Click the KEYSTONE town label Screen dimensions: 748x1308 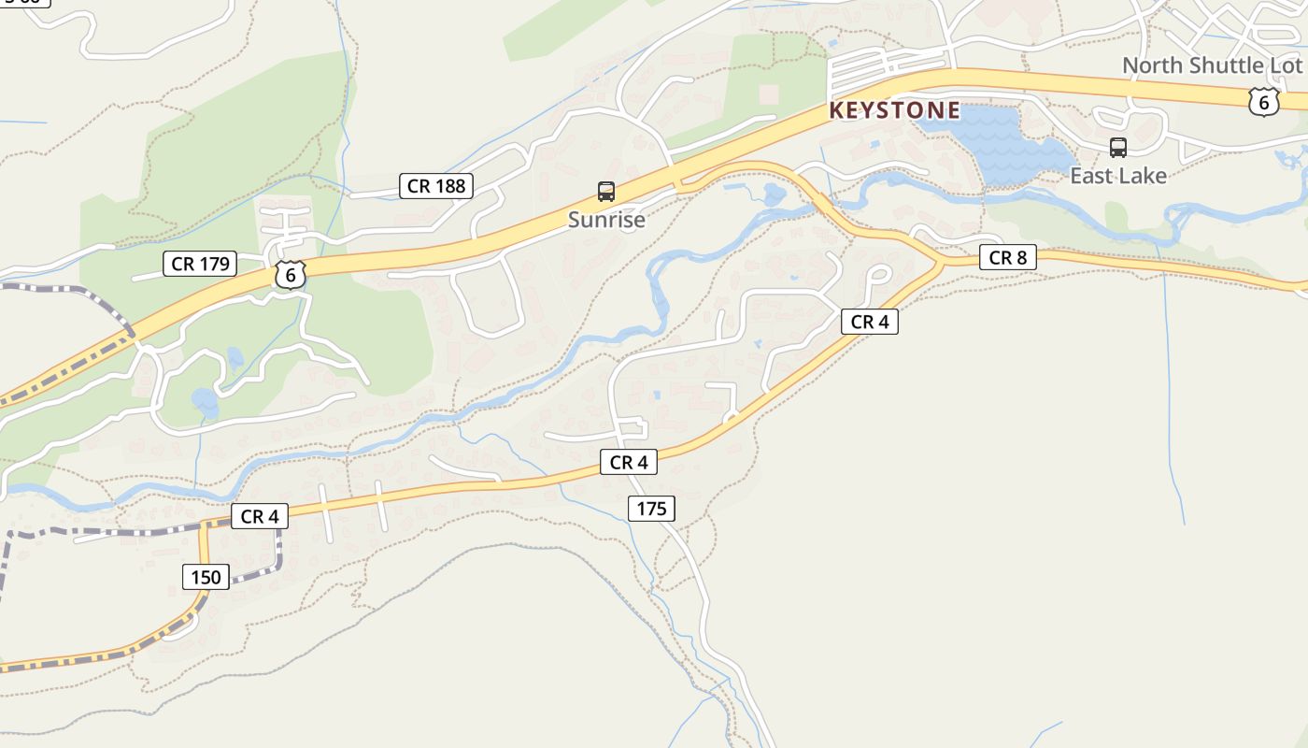click(x=894, y=110)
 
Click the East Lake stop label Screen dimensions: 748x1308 click(x=1117, y=176)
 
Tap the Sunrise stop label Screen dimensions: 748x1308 click(x=606, y=220)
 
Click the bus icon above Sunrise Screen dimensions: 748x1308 click(x=606, y=192)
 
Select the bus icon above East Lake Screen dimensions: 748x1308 click(x=1117, y=147)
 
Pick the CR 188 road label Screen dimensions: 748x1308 click(x=436, y=186)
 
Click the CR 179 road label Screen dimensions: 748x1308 click(x=200, y=264)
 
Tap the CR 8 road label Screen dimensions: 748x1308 click(x=1007, y=257)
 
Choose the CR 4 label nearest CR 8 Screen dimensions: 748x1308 click(x=869, y=323)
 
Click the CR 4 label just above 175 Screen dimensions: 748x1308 click(x=628, y=462)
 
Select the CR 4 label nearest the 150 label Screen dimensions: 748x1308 click(x=259, y=516)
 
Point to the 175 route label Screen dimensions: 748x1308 click(x=651, y=509)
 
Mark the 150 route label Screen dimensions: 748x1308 click(x=206, y=577)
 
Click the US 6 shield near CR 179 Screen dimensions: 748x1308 click(x=291, y=275)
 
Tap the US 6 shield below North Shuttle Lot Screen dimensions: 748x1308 click(x=1263, y=102)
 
